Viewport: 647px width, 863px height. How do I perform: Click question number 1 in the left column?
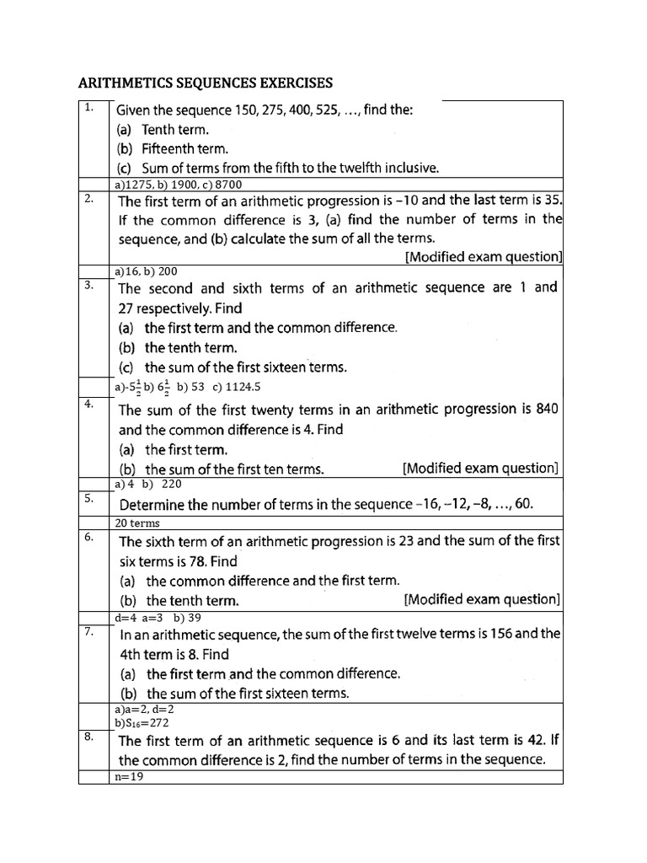coord(88,108)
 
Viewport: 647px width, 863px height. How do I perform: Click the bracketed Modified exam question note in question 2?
coord(484,256)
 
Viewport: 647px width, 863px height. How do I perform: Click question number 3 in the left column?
coord(88,285)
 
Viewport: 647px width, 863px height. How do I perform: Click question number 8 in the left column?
coord(88,737)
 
